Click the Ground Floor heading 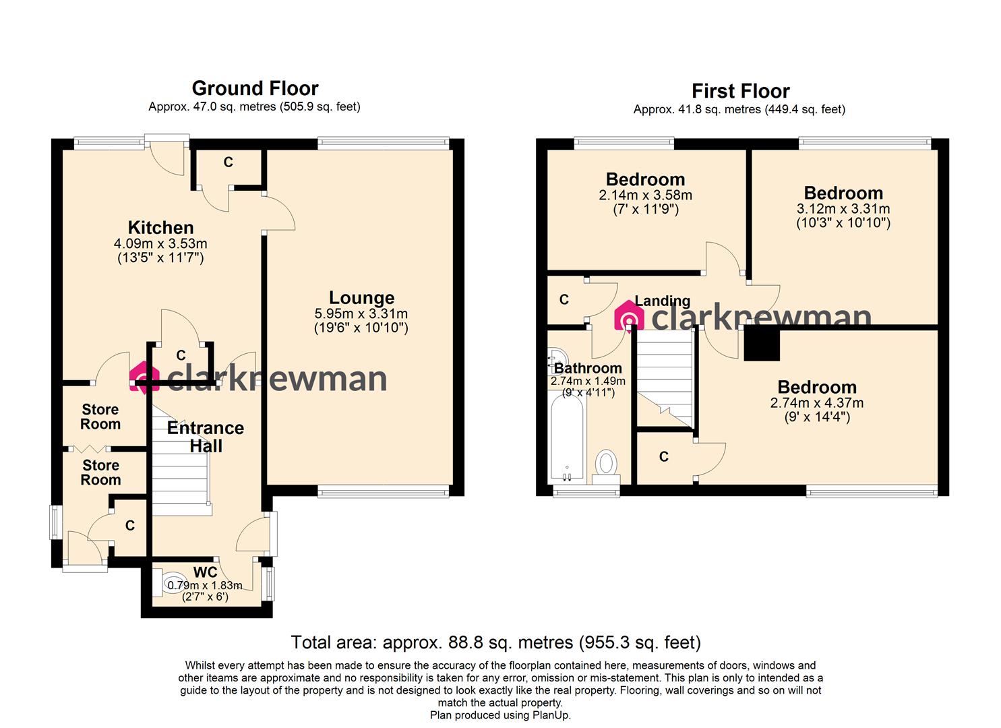(x=255, y=88)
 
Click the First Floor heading (x=740, y=91)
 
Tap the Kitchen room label (x=160, y=228)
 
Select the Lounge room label (x=361, y=298)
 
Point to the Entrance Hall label (x=206, y=437)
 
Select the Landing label (x=662, y=301)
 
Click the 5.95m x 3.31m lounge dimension (x=361, y=314)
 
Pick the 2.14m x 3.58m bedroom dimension (x=645, y=195)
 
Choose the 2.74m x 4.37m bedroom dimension (x=816, y=403)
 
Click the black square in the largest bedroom (x=762, y=344)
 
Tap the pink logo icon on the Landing (x=629, y=317)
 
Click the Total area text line (x=495, y=642)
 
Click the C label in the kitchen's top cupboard (x=228, y=162)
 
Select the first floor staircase (x=665, y=381)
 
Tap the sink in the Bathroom (x=558, y=356)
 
